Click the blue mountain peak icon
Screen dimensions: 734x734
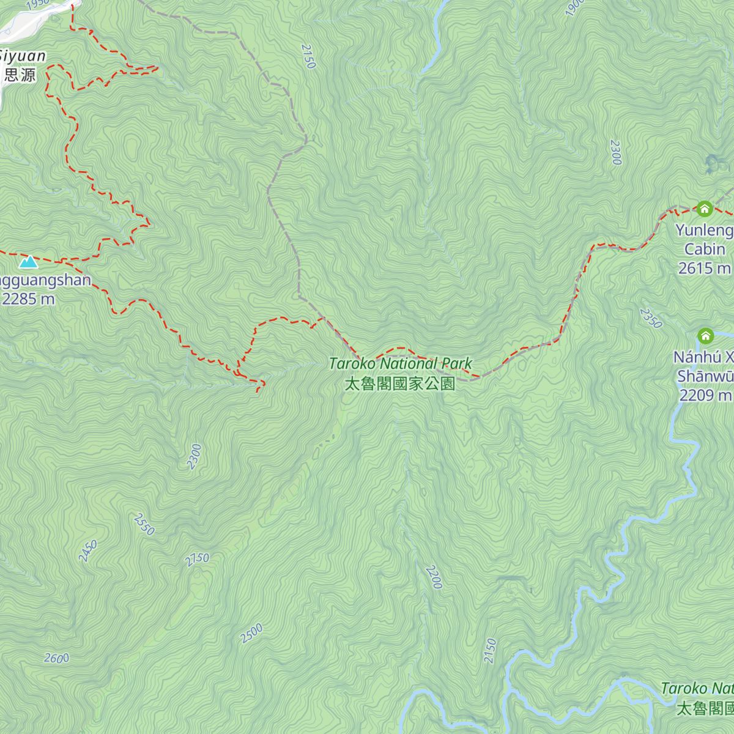click(x=28, y=262)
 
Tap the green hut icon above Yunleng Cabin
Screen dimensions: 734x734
click(x=705, y=209)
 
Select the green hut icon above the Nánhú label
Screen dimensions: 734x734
click(x=705, y=336)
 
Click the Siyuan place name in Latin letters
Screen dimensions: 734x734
click(x=22, y=56)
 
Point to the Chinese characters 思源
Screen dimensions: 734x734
click(x=20, y=75)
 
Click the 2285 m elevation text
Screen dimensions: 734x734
click(x=28, y=299)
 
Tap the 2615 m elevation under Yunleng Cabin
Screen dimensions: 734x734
click(x=704, y=268)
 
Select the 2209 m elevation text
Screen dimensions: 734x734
click(x=705, y=395)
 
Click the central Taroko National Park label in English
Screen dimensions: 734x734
click(x=401, y=363)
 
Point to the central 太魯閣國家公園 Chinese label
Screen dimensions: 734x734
click(x=400, y=384)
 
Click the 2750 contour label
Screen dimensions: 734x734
click(x=197, y=559)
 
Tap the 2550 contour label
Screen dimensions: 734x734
click(x=144, y=524)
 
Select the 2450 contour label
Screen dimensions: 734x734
click(x=88, y=551)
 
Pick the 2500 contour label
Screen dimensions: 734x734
click(x=251, y=633)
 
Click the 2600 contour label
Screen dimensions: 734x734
click(x=56, y=658)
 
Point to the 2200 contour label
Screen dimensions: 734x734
click(x=433, y=577)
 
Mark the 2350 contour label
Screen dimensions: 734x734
click(x=651, y=317)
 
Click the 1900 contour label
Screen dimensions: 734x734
click(x=574, y=7)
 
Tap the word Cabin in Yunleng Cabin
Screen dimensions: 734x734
click(x=705, y=249)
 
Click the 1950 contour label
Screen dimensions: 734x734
click(x=38, y=4)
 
